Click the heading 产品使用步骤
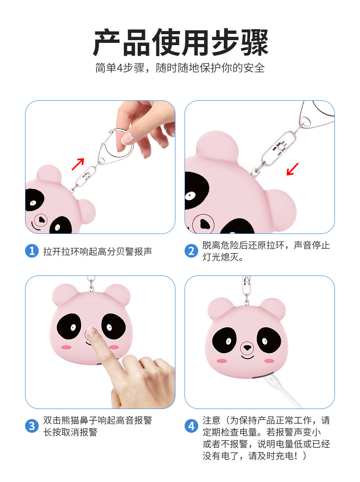pyautogui.click(x=180, y=42)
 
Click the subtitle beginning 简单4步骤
pyautogui.click(x=180, y=68)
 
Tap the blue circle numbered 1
pyautogui.click(x=31, y=251)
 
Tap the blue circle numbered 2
pyautogui.click(x=191, y=251)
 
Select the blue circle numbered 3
pyautogui.click(x=31, y=426)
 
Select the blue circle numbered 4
pyautogui.click(x=191, y=426)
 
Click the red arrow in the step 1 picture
pyautogui.click(x=78, y=164)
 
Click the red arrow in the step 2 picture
pyautogui.click(x=293, y=169)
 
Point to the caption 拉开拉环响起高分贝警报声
pyautogui.click(x=98, y=251)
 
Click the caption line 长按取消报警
pyautogui.click(x=70, y=432)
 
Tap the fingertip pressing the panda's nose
pyautogui.click(x=92, y=332)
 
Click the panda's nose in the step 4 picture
pyautogui.click(x=247, y=347)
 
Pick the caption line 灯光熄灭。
pyautogui.click(x=223, y=257)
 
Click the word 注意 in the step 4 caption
pyautogui.click(x=211, y=420)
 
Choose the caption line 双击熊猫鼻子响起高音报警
pyautogui.click(x=98, y=420)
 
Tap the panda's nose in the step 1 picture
pyautogui.click(x=41, y=220)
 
